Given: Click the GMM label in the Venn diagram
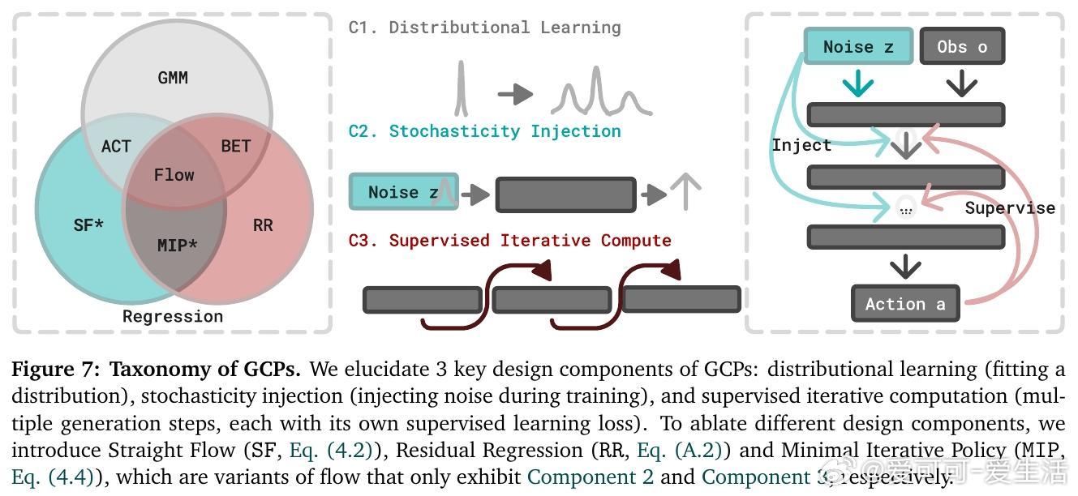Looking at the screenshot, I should click(x=173, y=78).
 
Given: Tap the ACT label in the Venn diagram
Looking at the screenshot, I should click(x=116, y=146).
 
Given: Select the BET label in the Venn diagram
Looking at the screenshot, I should click(x=235, y=146).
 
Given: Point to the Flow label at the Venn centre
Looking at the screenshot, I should click(x=174, y=175).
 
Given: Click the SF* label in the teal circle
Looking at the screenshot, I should click(x=88, y=225).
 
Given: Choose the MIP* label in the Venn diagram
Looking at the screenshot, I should click(x=177, y=245).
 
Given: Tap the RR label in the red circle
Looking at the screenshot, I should click(x=263, y=225).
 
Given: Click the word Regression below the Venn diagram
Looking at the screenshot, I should click(x=173, y=316).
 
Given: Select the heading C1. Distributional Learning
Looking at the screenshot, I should click(x=484, y=28).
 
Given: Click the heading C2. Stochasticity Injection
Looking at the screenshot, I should click(x=484, y=131).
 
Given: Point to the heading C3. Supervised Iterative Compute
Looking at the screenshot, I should click(x=509, y=241).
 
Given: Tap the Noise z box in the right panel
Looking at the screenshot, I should click(x=858, y=47).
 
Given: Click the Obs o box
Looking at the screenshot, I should click(x=962, y=47).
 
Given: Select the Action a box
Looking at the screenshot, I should click(x=905, y=304).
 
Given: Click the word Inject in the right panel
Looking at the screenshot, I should click(x=801, y=145).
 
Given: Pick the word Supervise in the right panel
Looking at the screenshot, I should click(x=1010, y=208).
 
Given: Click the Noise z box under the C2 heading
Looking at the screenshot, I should click(x=403, y=192).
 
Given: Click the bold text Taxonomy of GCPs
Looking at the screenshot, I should click(x=205, y=370).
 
